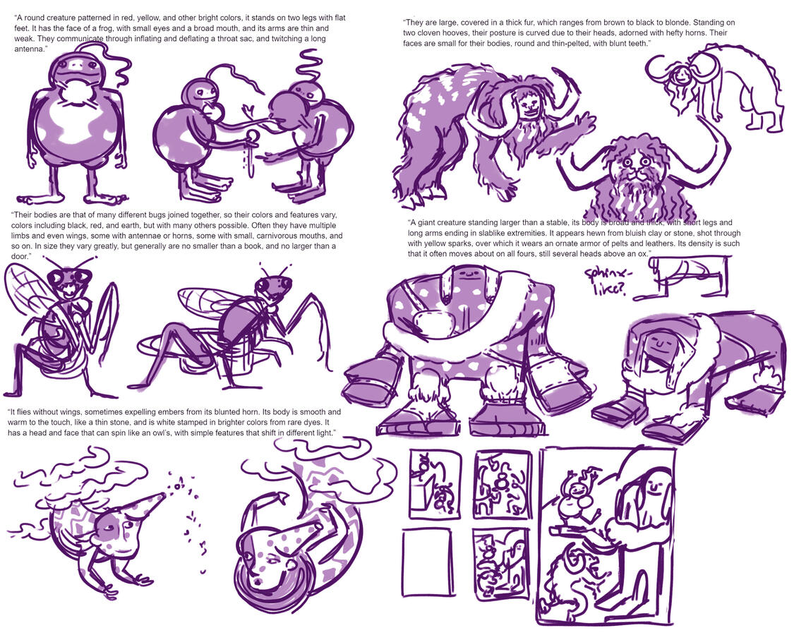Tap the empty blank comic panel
[x=427, y=562]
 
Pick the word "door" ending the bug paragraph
[x=18, y=256]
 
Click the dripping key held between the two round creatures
[x=251, y=151]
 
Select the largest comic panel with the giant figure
[x=606, y=536]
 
